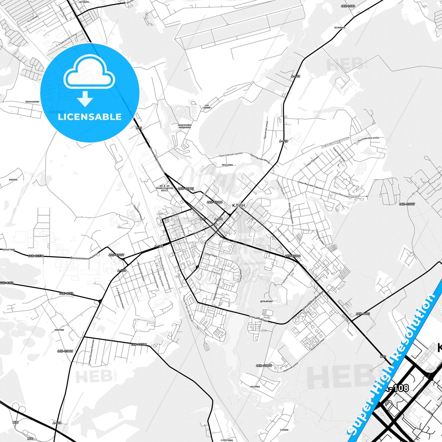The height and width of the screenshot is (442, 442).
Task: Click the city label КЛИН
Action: [239, 205]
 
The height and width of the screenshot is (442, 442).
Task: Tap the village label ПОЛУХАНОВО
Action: [32, 102]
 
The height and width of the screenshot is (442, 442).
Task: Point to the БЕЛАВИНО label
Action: [340, 28]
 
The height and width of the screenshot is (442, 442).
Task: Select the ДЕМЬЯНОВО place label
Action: [266, 301]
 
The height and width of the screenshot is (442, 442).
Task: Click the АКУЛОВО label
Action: [255, 387]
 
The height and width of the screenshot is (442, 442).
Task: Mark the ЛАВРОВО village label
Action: [59, 330]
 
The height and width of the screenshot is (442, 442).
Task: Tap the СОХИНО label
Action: [284, 430]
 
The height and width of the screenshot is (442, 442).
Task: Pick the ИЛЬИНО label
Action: [13, 180]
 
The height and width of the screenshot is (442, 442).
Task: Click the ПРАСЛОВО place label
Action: [227, 165]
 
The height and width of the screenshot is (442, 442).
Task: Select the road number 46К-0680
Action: [348, 6]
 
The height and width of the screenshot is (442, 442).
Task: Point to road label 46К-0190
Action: [363, 314]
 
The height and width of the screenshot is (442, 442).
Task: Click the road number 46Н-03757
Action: [407, 204]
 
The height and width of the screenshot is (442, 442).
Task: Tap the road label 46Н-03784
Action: [139, 344]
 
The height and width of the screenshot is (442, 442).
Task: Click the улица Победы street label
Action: [258, 318]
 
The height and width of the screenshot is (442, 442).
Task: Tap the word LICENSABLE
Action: [90, 117]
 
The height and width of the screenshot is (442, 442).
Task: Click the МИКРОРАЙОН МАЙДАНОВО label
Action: [185, 126]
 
